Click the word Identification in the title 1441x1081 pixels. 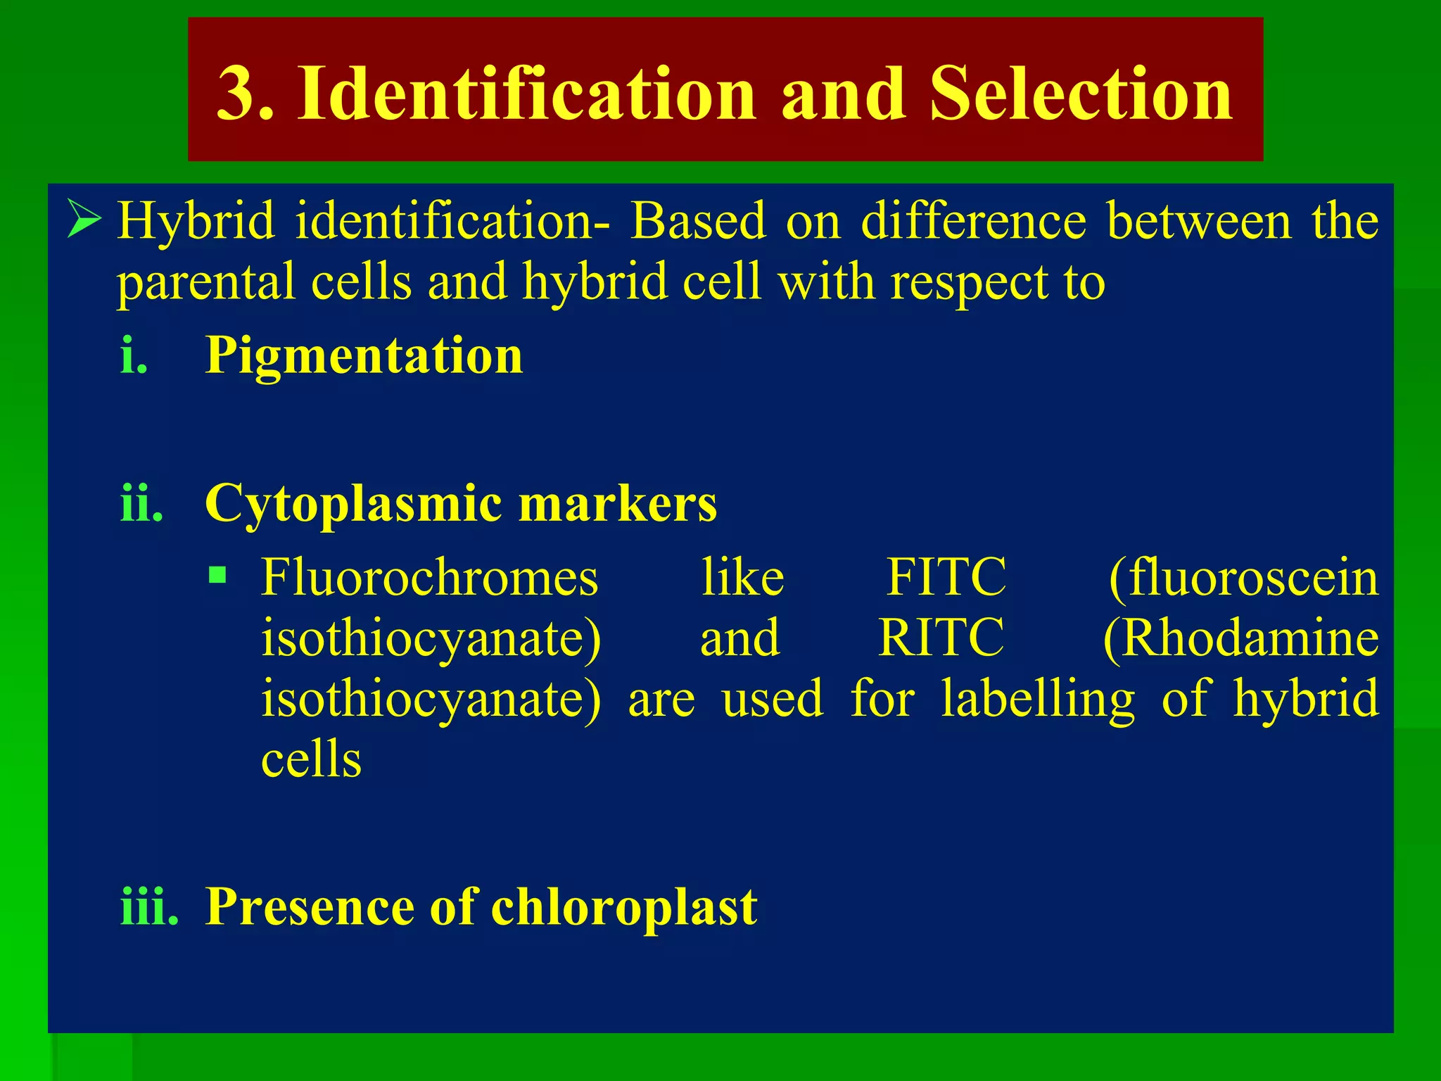coord(527,94)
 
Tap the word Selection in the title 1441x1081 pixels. coord(1080,94)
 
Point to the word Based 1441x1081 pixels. coord(697,221)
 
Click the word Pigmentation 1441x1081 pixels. coord(364,356)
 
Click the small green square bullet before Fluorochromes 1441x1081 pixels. coord(218,576)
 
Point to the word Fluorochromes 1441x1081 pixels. coord(429,577)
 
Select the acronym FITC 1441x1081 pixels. coord(946,577)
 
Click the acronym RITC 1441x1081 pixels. coord(941,638)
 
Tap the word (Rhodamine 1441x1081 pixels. coord(1240,638)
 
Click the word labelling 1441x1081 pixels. coord(1038,700)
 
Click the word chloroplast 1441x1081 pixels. coord(623,906)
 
